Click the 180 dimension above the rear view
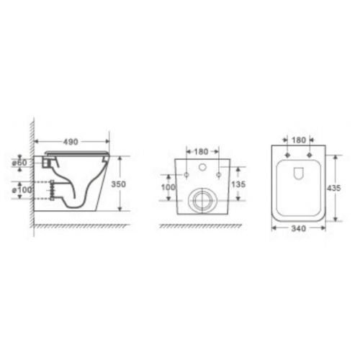pyautogui.click(x=201, y=153)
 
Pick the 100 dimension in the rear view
pyautogui.click(x=167, y=187)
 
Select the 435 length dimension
pyautogui.click(x=333, y=186)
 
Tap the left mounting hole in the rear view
pyautogui.click(x=186, y=175)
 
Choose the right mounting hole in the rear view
pyautogui.click(x=217, y=175)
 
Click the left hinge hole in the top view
pyautogui.click(x=287, y=155)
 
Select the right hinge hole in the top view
pyautogui.click(x=310, y=155)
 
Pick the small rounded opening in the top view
pyautogui.click(x=298, y=173)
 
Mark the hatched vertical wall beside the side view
pyautogui.click(x=30, y=173)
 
